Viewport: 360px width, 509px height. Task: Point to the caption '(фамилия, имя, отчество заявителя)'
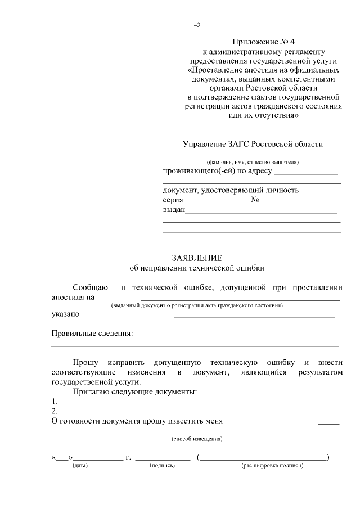[252, 161]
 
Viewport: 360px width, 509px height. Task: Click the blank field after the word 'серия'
[217, 201]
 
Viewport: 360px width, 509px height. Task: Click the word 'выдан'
[174, 210]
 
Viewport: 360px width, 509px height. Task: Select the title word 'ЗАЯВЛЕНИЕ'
[196, 258]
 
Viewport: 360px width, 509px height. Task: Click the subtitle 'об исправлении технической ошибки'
[196, 268]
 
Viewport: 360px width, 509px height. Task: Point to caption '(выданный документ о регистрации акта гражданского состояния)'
[196, 305]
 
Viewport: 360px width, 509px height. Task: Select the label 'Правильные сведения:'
[92, 334]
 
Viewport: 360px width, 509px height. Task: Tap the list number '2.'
[55, 411]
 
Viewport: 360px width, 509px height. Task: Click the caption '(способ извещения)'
[197, 439]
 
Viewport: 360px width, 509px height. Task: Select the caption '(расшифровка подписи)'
[272, 466]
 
